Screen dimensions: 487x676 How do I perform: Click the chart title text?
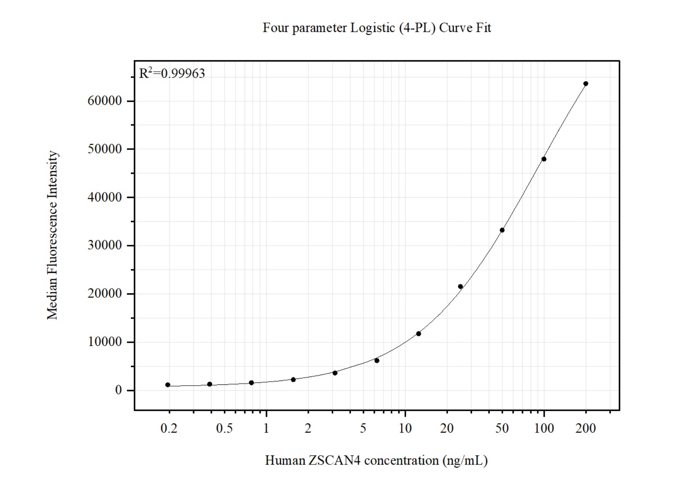click(x=377, y=28)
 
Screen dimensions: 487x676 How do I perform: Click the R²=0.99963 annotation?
click(x=172, y=73)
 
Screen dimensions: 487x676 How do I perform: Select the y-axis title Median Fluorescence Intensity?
click(x=52, y=235)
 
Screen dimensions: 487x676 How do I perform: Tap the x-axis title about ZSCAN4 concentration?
click(x=376, y=460)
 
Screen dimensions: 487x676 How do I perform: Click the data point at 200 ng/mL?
click(x=586, y=84)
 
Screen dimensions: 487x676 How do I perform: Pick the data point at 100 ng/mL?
click(x=544, y=159)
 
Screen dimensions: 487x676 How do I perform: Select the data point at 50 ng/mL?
click(x=502, y=230)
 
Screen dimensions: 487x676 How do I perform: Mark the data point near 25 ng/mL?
click(x=461, y=287)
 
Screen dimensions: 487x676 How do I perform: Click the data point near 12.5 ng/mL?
click(x=419, y=334)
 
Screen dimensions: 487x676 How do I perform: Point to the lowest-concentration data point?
click(x=168, y=385)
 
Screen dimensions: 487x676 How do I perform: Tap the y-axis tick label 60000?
click(x=104, y=101)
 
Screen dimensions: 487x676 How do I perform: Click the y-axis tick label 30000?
click(x=104, y=245)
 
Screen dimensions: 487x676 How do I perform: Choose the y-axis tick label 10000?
click(x=104, y=342)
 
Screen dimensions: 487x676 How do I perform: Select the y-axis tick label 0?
click(x=118, y=390)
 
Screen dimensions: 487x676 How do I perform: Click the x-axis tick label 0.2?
click(x=169, y=428)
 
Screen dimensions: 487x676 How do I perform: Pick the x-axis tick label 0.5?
click(x=224, y=428)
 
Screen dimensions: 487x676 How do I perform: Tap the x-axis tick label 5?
click(x=363, y=428)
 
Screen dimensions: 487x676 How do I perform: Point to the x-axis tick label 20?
click(x=447, y=428)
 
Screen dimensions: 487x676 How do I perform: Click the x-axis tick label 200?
click(x=586, y=428)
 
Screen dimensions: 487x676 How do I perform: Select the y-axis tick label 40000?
click(x=104, y=197)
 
